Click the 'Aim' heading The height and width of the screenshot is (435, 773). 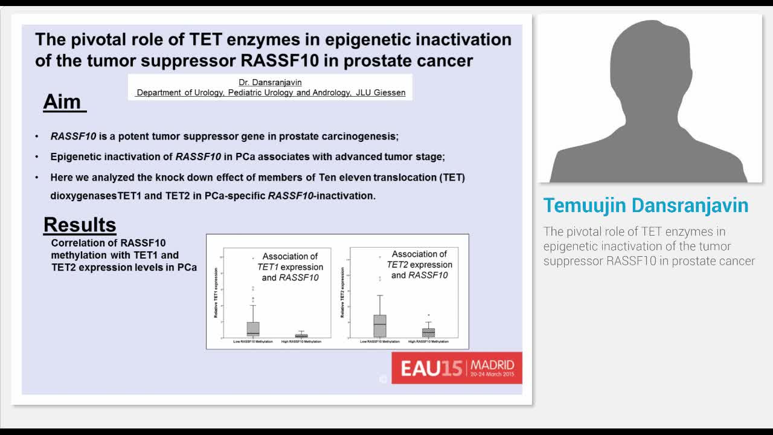click(x=62, y=102)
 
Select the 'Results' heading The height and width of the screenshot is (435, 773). click(x=80, y=225)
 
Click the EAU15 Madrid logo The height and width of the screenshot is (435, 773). click(x=457, y=368)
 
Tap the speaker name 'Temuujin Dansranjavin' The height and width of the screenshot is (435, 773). click(x=646, y=205)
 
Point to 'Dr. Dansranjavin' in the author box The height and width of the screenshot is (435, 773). click(x=270, y=82)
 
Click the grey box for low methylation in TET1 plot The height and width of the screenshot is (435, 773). click(x=253, y=329)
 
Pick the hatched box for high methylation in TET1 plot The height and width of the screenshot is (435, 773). click(x=301, y=335)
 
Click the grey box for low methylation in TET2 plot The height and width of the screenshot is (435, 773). click(x=380, y=326)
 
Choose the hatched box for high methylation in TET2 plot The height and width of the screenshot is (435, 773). click(x=428, y=332)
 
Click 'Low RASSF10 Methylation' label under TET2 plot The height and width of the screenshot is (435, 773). click(x=380, y=342)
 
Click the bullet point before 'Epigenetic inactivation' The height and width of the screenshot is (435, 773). click(x=36, y=157)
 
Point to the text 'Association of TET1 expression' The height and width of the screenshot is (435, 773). click(x=290, y=262)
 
